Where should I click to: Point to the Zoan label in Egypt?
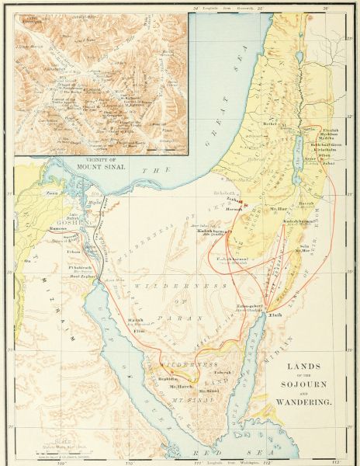[52, 190]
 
